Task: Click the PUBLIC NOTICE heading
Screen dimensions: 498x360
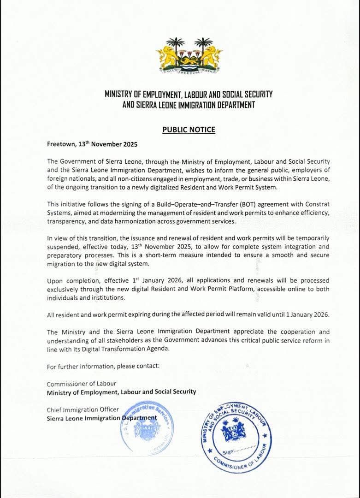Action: click(189, 130)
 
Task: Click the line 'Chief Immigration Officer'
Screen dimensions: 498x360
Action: click(83, 409)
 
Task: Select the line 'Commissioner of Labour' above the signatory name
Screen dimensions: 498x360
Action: click(81, 384)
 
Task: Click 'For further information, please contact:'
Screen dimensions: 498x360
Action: click(103, 367)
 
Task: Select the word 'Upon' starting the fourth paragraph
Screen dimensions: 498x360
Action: click(54, 281)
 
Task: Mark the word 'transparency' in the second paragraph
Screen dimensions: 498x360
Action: click(65, 221)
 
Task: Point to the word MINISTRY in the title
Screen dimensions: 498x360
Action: click(119, 95)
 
